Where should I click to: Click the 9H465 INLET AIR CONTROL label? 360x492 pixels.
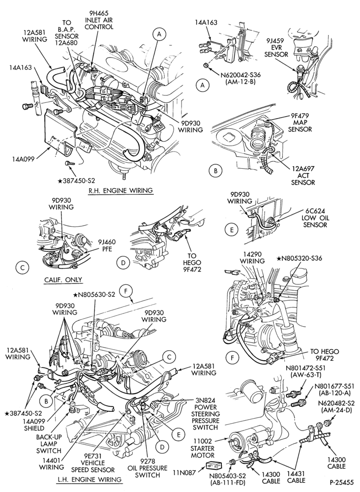pos(99,20)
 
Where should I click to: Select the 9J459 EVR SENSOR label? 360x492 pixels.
pos(276,47)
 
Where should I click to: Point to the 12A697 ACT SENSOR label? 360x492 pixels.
pos(302,175)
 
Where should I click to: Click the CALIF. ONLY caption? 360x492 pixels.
pos(63,279)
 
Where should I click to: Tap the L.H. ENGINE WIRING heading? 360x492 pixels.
pos(90,479)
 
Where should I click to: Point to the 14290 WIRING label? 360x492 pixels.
pos(252,257)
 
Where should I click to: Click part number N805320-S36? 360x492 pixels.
pos(299,258)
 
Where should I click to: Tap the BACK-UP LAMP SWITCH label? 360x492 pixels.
pos(49,444)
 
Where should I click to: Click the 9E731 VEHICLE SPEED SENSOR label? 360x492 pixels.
pos(93,463)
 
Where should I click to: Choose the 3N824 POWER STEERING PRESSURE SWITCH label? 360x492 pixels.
pos(206,414)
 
